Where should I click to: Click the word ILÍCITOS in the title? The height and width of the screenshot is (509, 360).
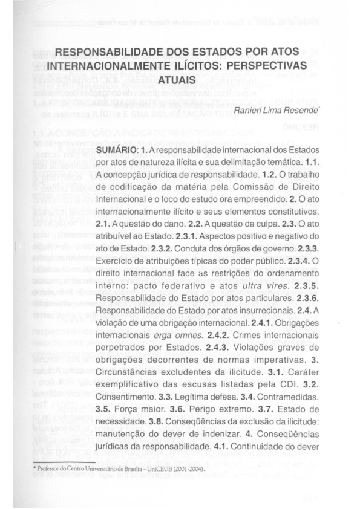pyautogui.click(x=195, y=66)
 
